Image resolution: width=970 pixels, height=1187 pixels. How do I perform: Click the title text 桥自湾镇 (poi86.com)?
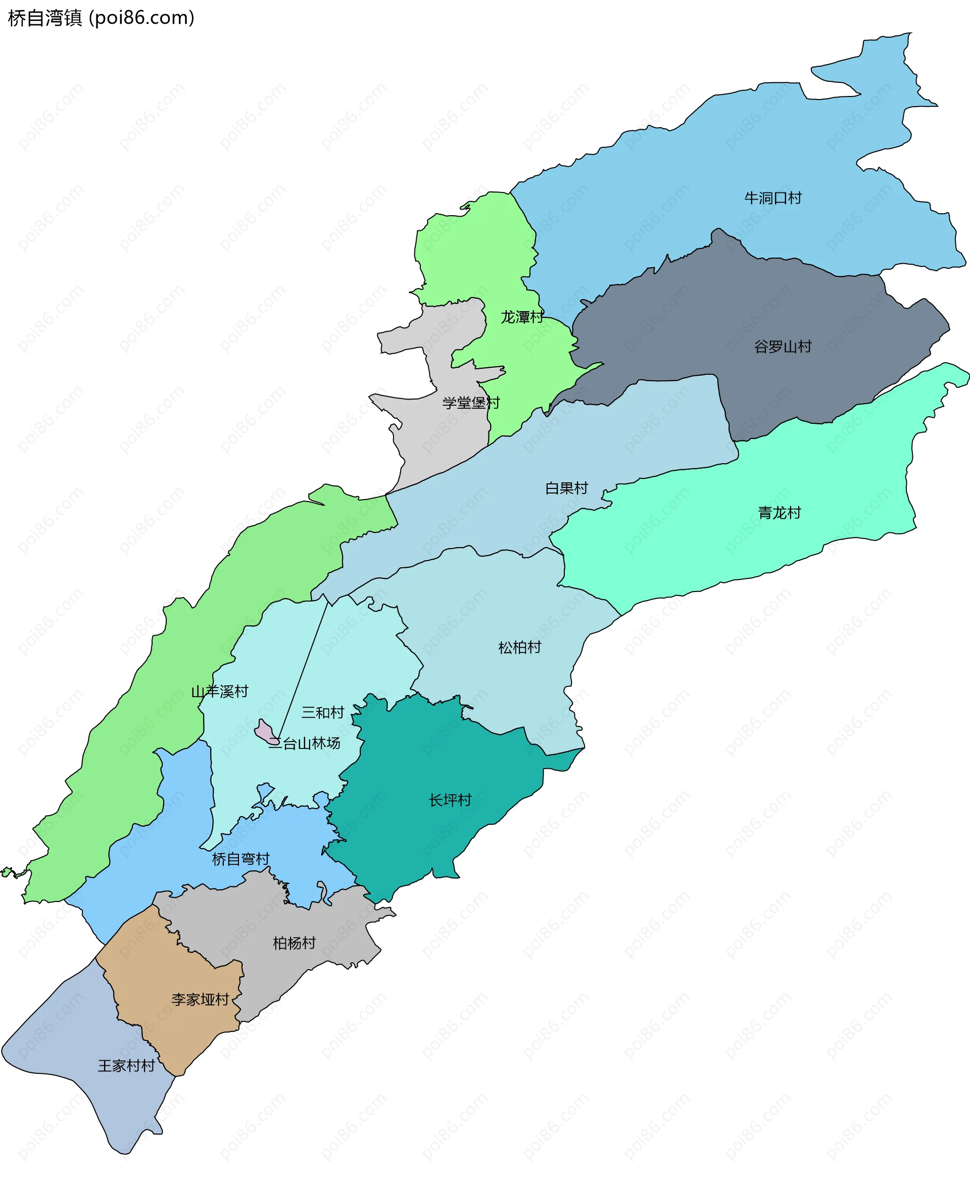click(101, 18)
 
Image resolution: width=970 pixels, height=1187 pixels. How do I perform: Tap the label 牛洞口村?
click(773, 197)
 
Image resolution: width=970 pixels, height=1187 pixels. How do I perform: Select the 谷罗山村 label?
click(782, 347)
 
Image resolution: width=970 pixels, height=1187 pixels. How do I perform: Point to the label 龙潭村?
click(521, 317)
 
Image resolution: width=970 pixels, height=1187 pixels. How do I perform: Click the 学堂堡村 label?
click(470, 402)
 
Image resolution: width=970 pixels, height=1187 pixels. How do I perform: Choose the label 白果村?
click(566, 487)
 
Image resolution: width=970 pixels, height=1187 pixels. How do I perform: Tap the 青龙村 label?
click(779, 512)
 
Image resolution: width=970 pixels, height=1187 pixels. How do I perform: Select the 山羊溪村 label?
click(219, 691)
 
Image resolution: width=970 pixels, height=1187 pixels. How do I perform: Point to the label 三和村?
click(322, 712)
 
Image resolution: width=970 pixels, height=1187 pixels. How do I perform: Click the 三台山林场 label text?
click(305, 743)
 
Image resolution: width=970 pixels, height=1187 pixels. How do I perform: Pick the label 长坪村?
click(450, 800)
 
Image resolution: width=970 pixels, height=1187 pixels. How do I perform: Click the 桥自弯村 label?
click(240, 859)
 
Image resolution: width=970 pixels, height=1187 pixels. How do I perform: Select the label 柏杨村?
click(294, 943)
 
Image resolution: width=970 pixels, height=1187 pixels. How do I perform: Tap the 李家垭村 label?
click(200, 999)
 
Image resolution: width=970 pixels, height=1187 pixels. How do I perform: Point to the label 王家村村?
click(126, 1066)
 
